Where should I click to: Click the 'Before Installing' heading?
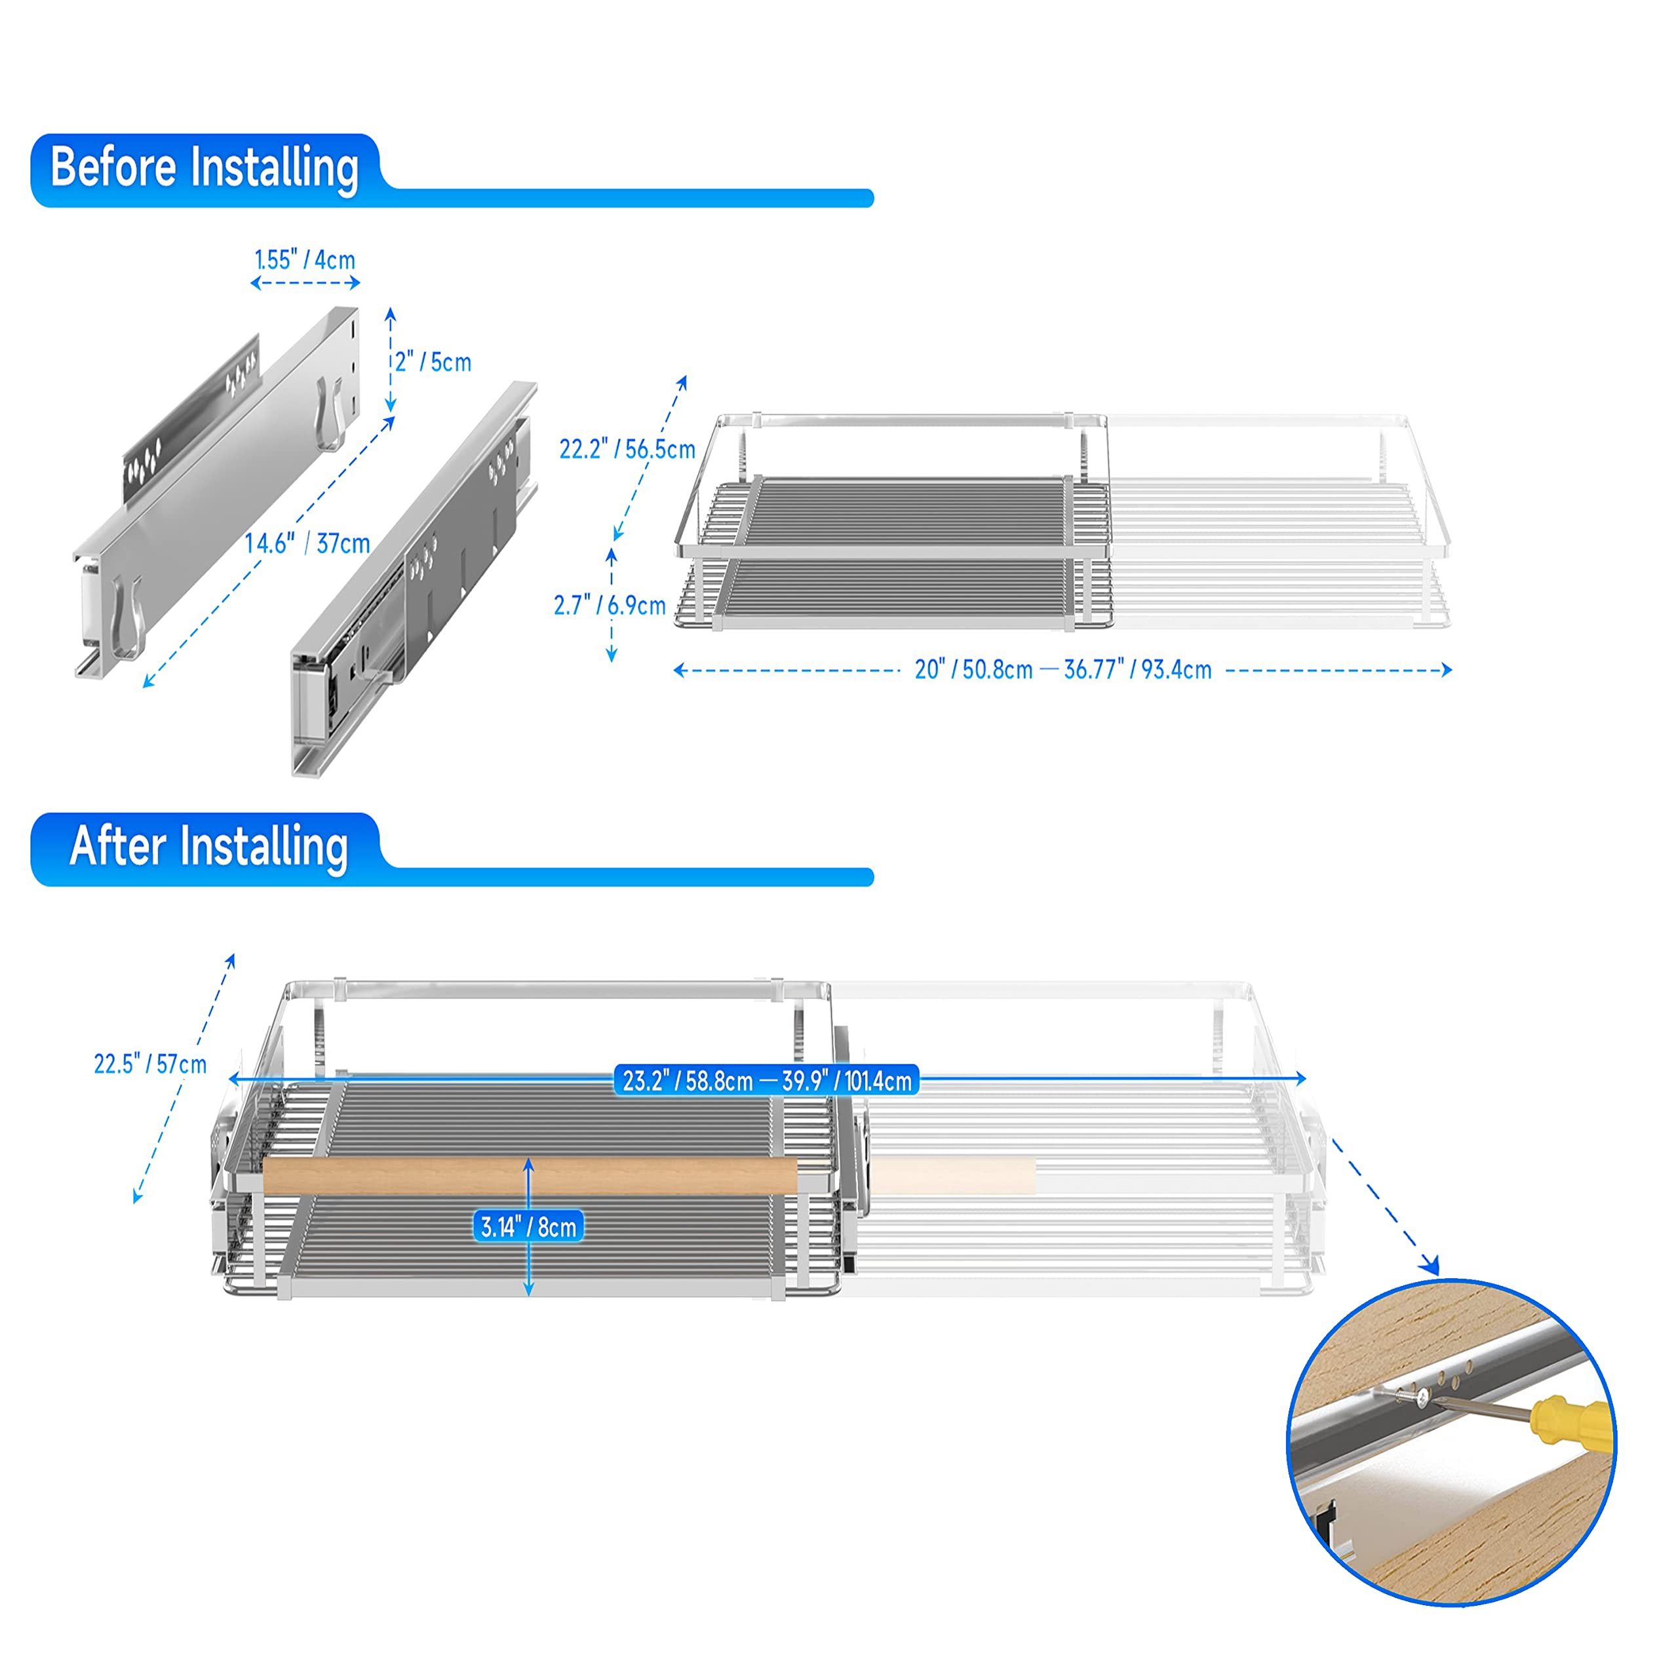205,168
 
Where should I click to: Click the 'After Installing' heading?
208,846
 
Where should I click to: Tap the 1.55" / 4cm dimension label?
305,260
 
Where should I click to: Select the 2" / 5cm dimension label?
433,361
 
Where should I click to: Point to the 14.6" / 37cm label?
307,543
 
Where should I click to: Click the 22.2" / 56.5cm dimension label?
627,449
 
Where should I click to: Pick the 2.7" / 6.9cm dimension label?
610,606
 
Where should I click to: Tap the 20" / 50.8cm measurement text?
973,670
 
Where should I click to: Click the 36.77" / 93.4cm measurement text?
1138,670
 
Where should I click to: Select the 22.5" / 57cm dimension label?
150,1064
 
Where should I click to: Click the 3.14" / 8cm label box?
529,1227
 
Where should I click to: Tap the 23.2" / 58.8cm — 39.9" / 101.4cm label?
767,1080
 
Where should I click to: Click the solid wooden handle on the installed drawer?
530,1176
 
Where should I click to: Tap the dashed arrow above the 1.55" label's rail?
305,283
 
